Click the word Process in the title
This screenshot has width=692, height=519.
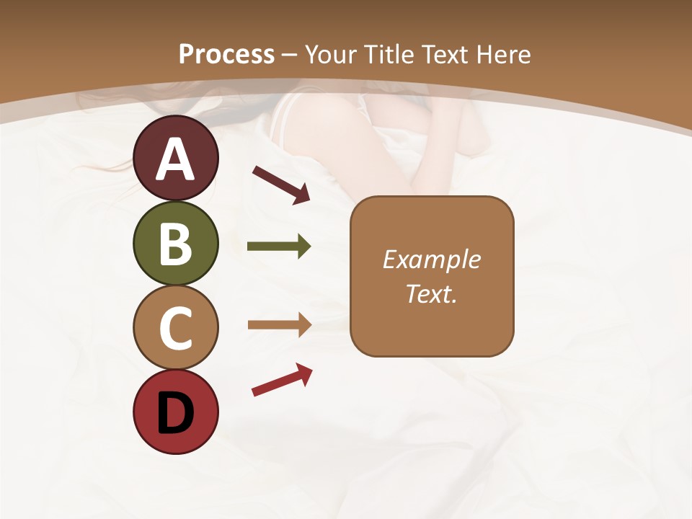226,55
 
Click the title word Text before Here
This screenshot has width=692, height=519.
446,55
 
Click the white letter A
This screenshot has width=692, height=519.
176,160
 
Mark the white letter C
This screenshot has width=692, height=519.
176,328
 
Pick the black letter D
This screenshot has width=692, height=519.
176,413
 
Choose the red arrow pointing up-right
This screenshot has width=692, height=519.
282,380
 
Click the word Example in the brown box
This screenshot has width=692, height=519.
431,259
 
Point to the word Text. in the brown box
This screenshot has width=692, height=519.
431,294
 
